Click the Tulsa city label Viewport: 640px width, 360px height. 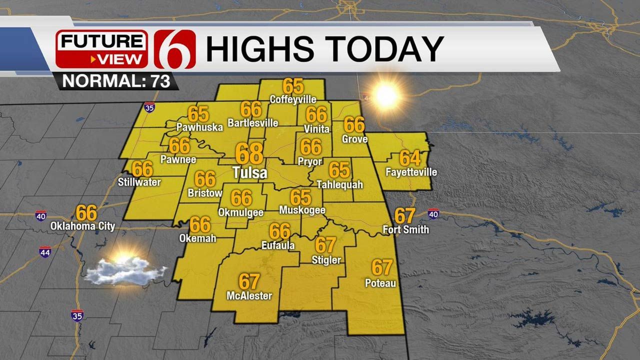pyautogui.click(x=249, y=173)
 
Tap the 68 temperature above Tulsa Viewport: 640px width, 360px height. pyautogui.click(x=249, y=153)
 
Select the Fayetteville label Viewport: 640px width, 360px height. pyautogui.click(x=411, y=172)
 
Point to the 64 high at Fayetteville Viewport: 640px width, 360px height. pyautogui.click(x=410, y=158)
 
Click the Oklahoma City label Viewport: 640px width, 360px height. pyautogui.click(x=82, y=226)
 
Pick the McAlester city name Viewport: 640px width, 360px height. pyautogui.click(x=249, y=296)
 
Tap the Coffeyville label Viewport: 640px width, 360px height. pyautogui.click(x=293, y=99)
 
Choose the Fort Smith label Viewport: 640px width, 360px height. pyautogui.click(x=405, y=230)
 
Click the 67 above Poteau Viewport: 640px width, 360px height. pyautogui.click(x=381, y=267)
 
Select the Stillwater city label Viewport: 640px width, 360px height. pyautogui.click(x=139, y=182)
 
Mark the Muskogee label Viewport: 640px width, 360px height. pyautogui.click(x=302, y=210)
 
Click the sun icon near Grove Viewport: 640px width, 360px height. pyautogui.click(x=386, y=95)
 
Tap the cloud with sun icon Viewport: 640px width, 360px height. pyautogui.click(x=125, y=270)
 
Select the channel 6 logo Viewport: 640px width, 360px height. pyautogui.click(x=174, y=49)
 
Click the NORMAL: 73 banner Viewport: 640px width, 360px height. pyautogui.click(x=116, y=81)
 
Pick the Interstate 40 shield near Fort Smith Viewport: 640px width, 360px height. pyautogui.click(x=433, y=214)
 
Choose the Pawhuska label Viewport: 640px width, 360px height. pyautogui.click(x=199, y=127)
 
